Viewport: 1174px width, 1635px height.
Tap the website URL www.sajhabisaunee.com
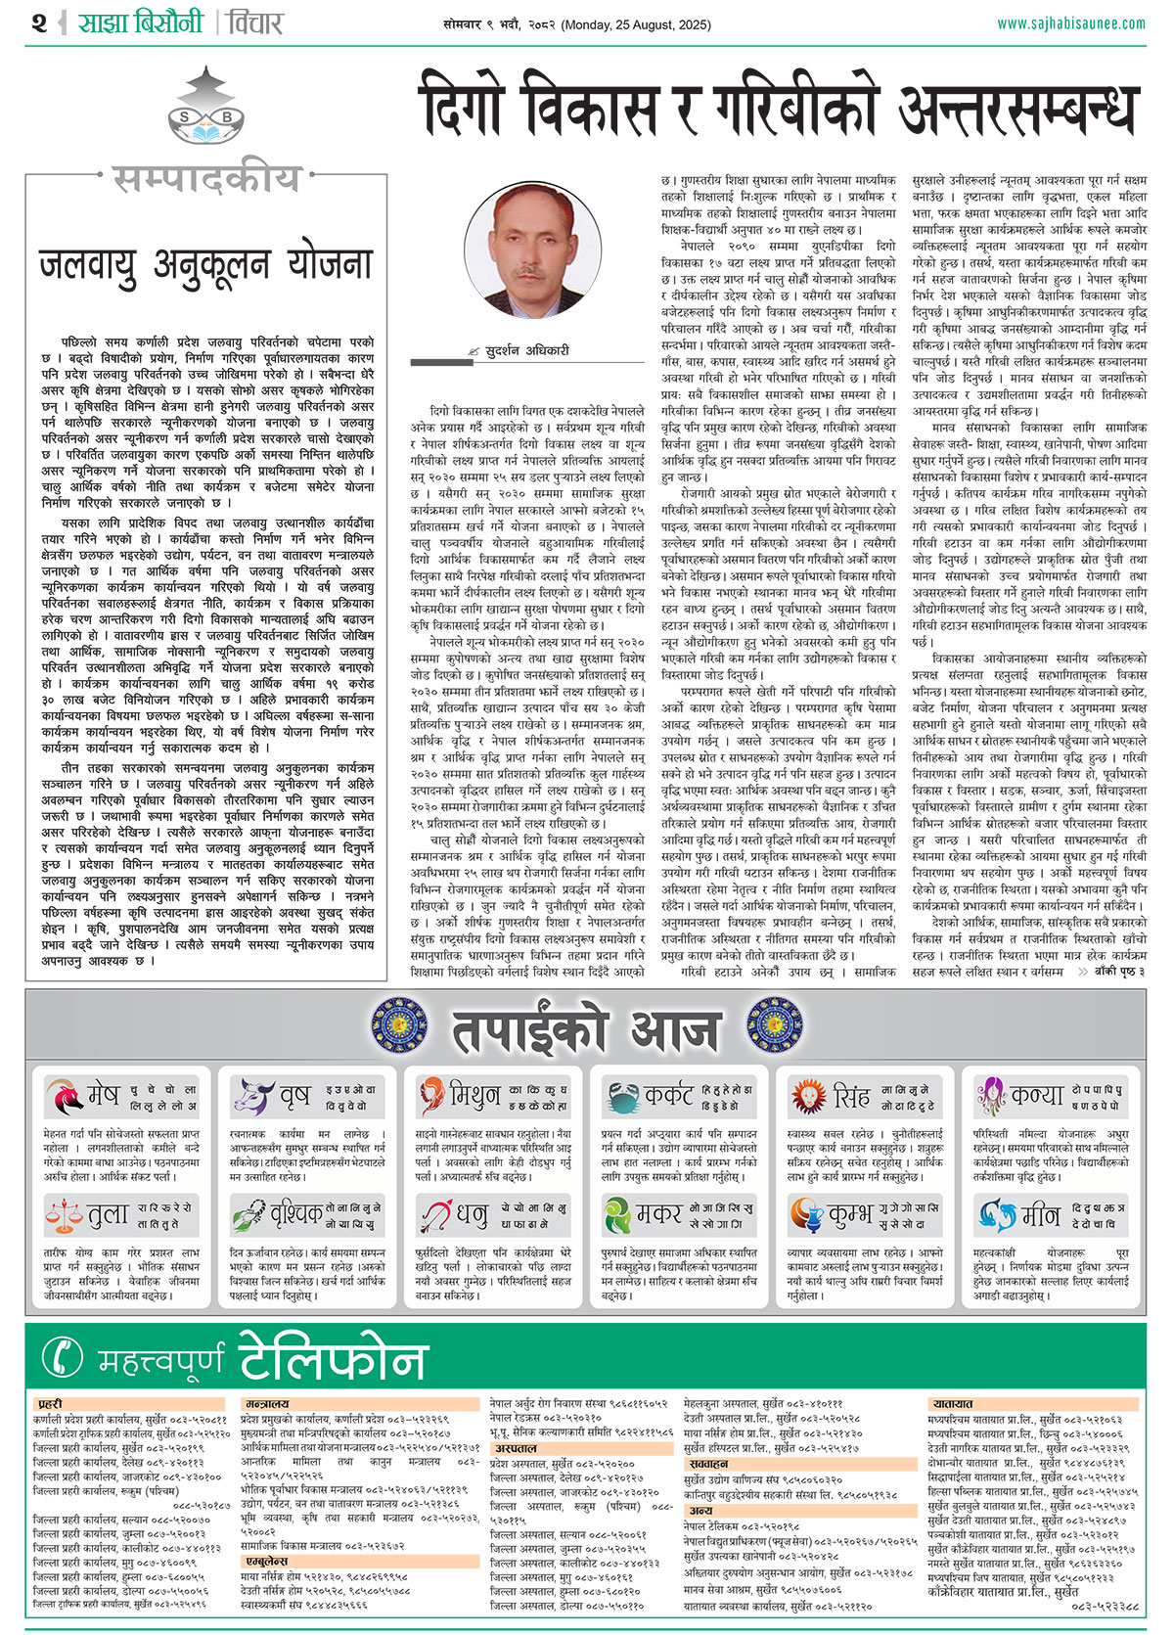coord(1070,23)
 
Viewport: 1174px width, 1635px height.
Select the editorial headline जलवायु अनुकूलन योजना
coord(205,264)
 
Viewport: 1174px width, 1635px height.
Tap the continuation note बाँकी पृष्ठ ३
coord(1110,972)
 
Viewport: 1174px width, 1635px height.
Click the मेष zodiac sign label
coord(102,1096)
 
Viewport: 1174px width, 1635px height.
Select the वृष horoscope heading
coord(293,1096)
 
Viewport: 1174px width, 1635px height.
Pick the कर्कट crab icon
coord(621,1096)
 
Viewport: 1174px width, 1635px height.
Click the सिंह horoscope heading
coord(851,1096)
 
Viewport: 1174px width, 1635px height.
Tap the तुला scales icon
coord(65,1216)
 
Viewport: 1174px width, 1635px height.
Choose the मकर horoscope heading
coord(658,1215)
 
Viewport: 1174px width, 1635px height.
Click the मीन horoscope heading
coord(1040,1215)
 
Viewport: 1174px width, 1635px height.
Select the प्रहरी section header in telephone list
coord(50,1403)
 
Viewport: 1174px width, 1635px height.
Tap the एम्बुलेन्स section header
coord(266,1562)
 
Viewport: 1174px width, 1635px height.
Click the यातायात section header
coord(953,1403)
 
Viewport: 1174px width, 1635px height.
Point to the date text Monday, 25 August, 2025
coord(636,23)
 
